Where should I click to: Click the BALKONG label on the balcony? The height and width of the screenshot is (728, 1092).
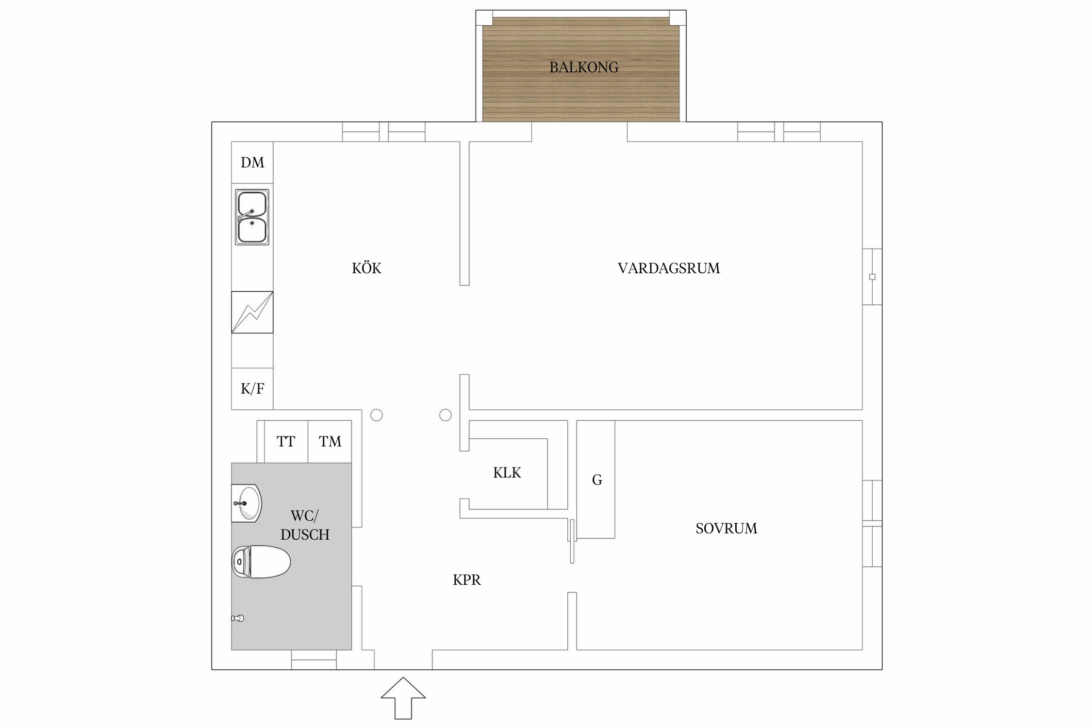click(x=584, y=67)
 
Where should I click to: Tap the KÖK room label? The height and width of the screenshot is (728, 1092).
click(x=366, y=268)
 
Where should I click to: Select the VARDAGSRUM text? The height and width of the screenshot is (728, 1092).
click(x=669, y=268)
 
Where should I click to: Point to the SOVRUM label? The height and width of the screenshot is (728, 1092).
click(x=726, y=529)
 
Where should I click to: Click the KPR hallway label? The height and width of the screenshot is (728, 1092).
click(x=467, y=580)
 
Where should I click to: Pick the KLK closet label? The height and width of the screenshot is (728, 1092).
click(x=507, y=473)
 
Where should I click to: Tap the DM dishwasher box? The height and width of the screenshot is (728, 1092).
click(x=252, y=163)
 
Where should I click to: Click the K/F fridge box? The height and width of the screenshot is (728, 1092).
click(x=252, y=389)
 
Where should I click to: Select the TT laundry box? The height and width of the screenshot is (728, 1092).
click(x=286, y=442)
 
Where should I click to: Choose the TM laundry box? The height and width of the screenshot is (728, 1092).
click(x=330, y=442)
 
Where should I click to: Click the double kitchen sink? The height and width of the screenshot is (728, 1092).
click(x=252, y=217)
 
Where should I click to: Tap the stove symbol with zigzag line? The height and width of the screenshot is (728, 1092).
click(x=252, y=312)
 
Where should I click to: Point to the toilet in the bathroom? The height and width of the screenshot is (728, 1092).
click(x=261, y=562)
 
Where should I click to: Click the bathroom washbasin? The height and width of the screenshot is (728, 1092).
click(x=247, y=503)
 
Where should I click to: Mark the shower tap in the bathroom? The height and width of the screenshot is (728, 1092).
click(x=237, y=618)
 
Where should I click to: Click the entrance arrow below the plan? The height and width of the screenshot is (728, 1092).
click(x=403, y=698)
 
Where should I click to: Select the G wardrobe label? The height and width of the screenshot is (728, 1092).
click(x=597, y=480)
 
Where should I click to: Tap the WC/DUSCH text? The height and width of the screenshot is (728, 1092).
click(x=305, y=525)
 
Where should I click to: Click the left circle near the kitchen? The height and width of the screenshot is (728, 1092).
click(x=377, y=415)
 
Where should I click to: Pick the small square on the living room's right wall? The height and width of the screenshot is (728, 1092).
click(x=872, y=277)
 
